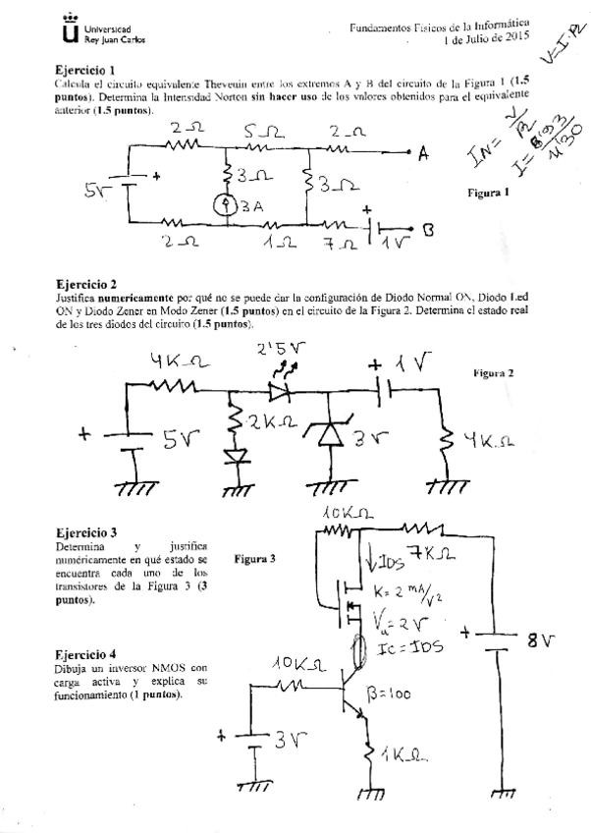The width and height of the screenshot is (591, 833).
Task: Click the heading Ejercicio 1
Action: (86, 70)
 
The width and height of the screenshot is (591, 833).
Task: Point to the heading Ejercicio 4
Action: (86, 653)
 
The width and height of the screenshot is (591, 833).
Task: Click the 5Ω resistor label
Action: (263, 129)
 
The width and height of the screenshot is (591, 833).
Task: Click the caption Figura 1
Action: (488, 193)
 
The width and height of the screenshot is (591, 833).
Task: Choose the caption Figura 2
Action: (494, 373)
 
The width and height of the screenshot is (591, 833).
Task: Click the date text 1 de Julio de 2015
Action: (487, 40)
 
